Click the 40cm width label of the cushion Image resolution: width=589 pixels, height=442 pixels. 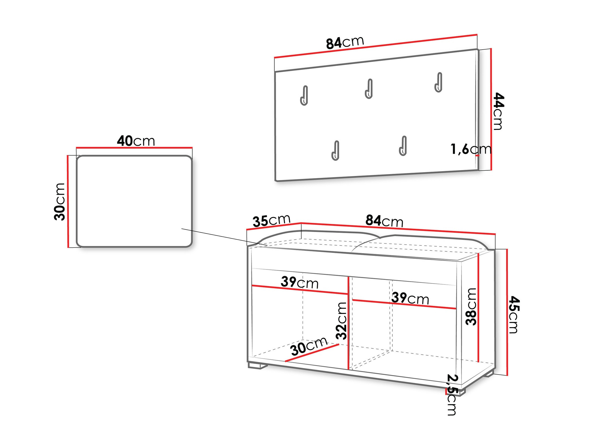coord(136,141)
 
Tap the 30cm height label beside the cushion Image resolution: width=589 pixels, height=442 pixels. coord(59,202)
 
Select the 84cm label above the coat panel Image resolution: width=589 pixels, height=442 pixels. coord(345,43)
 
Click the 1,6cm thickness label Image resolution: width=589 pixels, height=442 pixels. coord(471,149)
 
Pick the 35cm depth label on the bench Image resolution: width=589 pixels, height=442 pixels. coord(271,221)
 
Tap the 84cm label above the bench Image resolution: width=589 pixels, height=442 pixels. coord(384,221)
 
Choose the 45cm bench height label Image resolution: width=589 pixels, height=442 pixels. coord(514,314)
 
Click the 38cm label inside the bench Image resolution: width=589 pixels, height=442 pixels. coord(471,307)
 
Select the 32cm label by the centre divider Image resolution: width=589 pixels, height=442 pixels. coord(341,321)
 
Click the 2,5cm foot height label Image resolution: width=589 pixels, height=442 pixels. coord(452,395)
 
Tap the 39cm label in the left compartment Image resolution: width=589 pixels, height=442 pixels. coord(300,282)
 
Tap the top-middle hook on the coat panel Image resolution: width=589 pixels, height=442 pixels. coord(369,89)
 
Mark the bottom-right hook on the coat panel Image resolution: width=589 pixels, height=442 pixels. coord(403,146)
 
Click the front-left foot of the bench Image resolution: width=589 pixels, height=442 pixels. coord(258,365)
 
